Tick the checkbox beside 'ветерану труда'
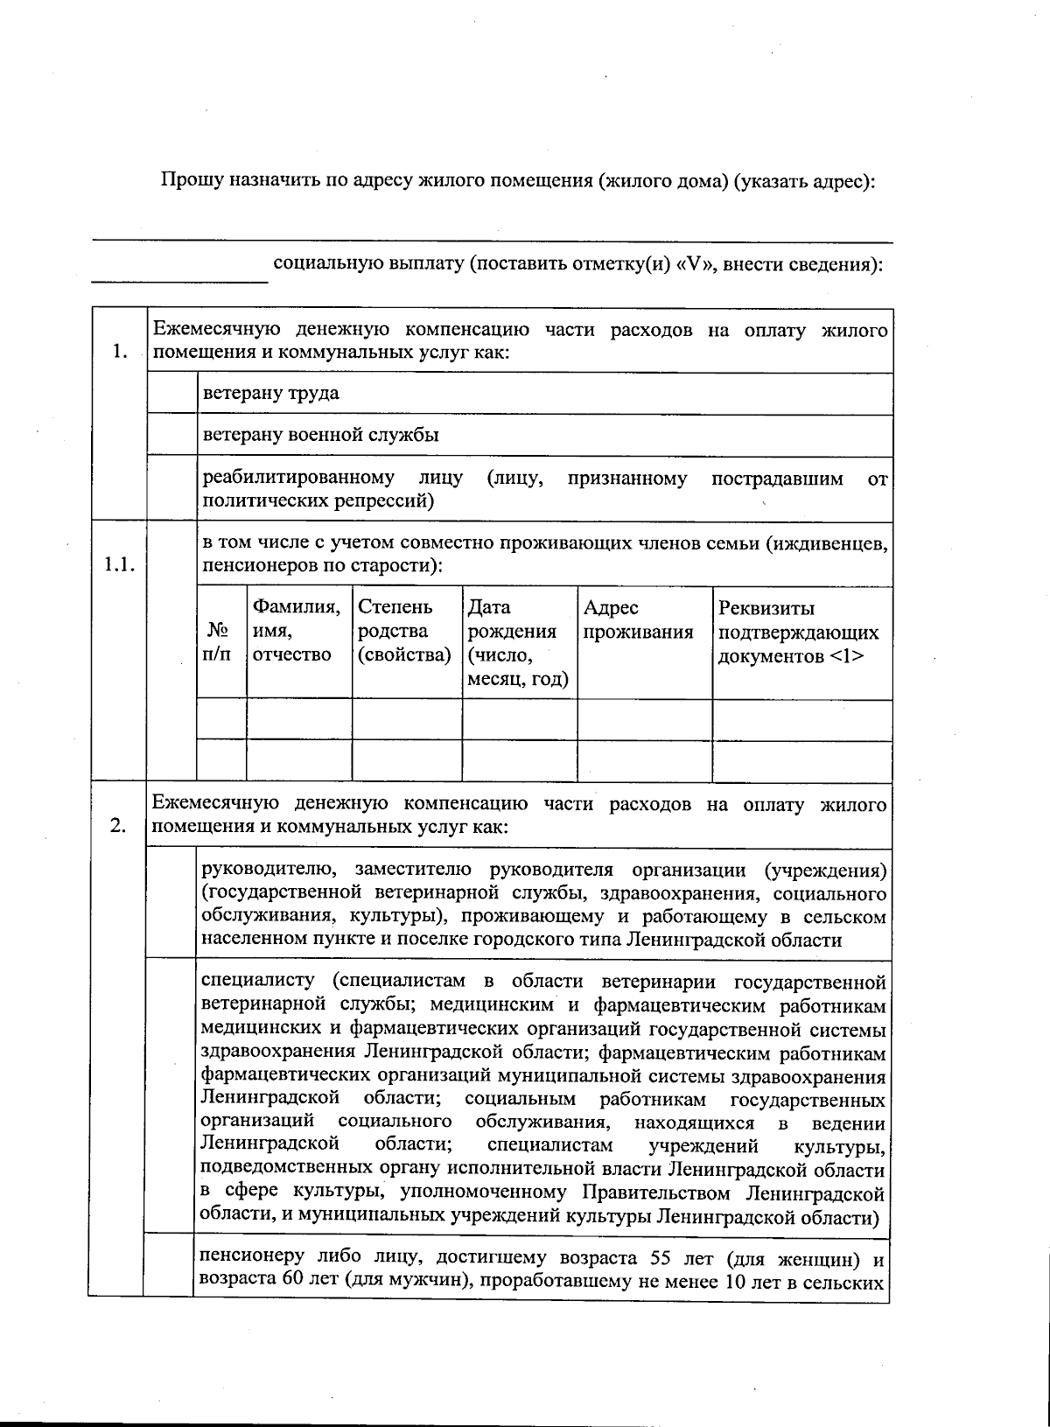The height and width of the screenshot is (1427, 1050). point(172,394)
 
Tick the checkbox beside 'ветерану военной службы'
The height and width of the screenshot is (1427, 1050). point(172,435)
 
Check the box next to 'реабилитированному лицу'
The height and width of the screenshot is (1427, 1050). point(172,488)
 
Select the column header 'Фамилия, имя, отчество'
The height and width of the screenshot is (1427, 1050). point(298,631)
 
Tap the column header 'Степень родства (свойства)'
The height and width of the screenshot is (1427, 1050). point(406,631)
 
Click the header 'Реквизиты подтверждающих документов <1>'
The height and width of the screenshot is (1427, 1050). point(798,631)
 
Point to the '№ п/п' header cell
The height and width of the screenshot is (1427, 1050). point(220,641)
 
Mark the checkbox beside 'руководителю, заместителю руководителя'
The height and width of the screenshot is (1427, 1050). point(171,904)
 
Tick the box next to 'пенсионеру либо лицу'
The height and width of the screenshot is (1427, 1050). point(168,1270)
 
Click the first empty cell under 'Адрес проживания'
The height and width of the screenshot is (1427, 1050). point(644,720)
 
